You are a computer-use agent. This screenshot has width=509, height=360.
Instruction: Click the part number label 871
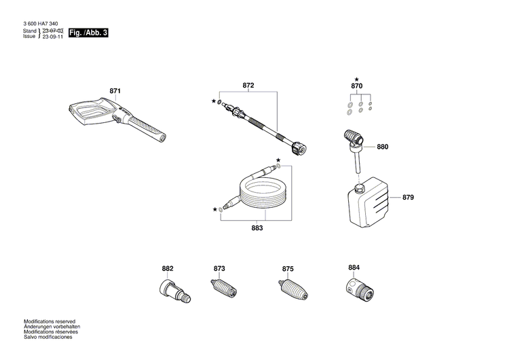115,90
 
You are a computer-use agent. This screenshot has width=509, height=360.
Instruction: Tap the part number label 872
248,86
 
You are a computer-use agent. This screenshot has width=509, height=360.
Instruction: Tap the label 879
407,198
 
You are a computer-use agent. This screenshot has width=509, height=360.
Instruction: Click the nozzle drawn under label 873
222,287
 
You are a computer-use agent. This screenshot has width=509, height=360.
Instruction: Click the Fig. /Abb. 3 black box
88,32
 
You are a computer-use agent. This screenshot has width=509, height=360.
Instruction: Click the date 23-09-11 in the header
53,37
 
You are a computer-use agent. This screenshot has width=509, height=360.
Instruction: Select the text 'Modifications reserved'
50,321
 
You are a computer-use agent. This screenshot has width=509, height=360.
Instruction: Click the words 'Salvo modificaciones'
48,337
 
